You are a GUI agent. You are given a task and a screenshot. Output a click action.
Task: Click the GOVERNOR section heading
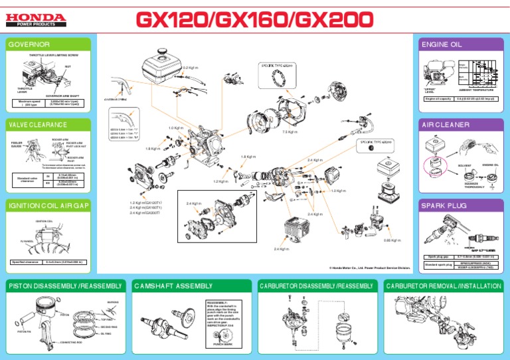click(29, 45)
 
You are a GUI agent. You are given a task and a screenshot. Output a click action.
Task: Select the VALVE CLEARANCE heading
click(39, 124)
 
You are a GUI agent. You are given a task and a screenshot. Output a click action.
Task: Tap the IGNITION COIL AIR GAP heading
click(48, 206)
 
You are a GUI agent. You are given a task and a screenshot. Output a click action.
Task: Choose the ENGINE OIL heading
click(442, 45)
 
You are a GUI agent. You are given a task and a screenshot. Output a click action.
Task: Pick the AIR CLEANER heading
click(446, 124)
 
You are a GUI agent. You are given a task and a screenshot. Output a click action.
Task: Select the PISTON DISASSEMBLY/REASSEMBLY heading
click(65, 286)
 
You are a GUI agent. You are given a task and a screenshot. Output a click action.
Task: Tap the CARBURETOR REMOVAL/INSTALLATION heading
click(444, 286)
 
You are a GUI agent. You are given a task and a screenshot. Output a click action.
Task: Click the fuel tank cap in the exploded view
click(163, 52)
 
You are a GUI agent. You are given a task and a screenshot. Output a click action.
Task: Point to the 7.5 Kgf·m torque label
click(290, 132)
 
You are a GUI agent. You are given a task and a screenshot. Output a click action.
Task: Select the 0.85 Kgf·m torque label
click(392, 240)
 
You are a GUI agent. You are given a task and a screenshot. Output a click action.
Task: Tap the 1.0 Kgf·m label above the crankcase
click(175, 128)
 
